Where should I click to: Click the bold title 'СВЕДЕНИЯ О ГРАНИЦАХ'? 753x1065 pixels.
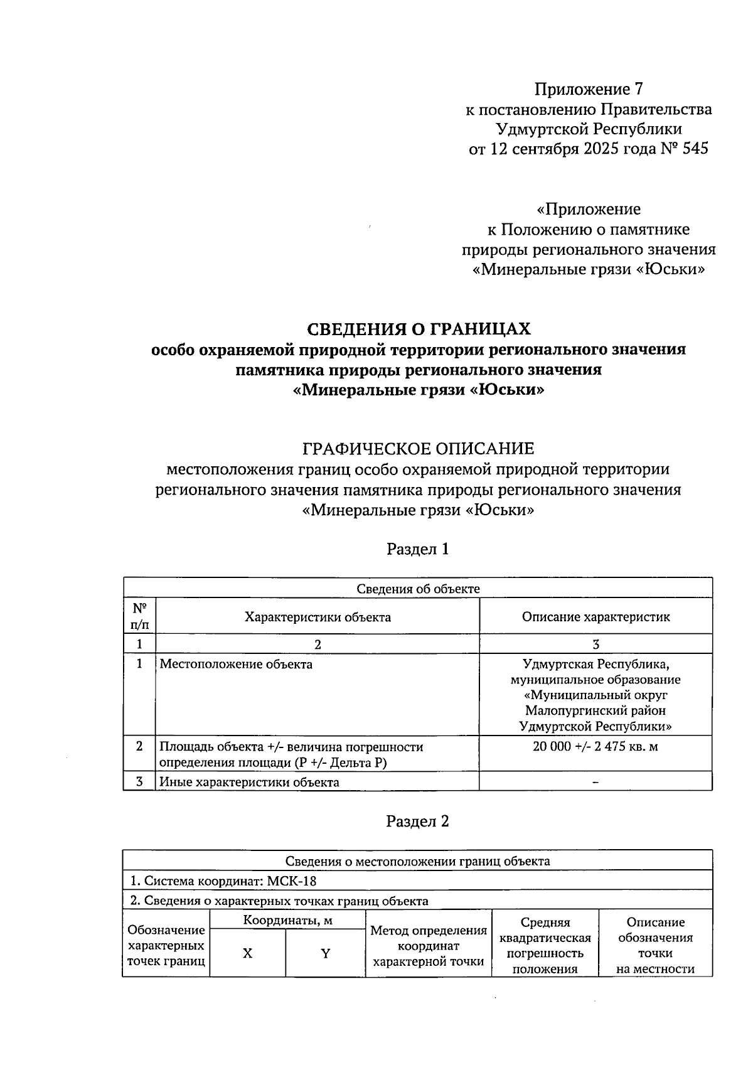[x=418, y=329]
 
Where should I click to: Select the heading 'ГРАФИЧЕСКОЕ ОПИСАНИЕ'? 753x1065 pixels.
[x=418, y=449]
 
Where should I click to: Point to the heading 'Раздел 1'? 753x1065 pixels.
[x=418, y=549]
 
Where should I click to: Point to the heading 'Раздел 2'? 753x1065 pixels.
[x=418, y=821]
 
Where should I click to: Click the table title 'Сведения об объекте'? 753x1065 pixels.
[x=418, y=589]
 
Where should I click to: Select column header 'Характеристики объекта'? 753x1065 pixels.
[x=318, y=617]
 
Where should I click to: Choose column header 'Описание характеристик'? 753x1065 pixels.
[x=595, y=617]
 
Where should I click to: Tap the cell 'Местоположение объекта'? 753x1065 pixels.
[x=236, y=664]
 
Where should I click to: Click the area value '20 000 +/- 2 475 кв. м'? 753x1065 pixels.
[x=595, y=747]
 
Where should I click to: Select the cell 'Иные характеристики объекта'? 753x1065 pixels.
[x=249, y=782]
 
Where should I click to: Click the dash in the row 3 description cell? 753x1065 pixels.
[x=595, y=782]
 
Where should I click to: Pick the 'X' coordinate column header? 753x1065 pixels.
[x=248, y=953]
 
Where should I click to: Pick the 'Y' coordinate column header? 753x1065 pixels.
[x=326, y=953]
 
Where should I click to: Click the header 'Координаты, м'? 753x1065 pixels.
[x=287, y=921]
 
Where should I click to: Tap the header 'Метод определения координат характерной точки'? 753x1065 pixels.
[x=429, y=946]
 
